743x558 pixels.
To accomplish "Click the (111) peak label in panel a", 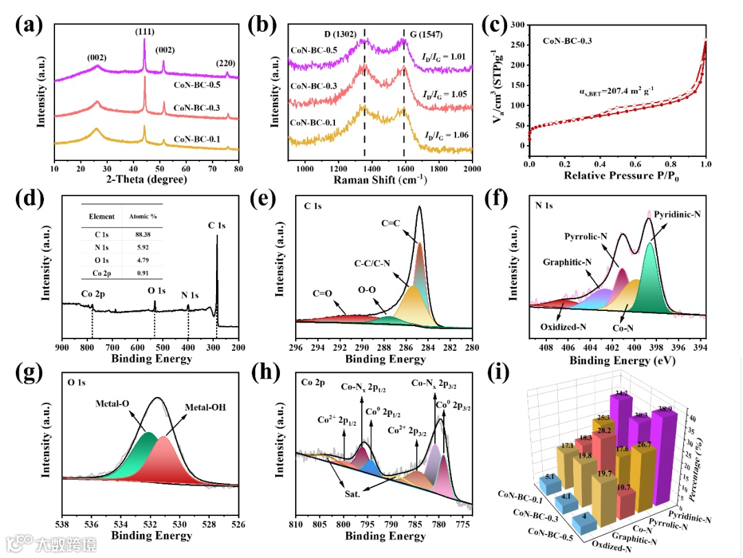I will [x=144, y=31].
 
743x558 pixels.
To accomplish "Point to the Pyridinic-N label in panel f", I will [x=679, y=214].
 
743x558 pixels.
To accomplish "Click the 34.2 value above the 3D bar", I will [x=621, y=394].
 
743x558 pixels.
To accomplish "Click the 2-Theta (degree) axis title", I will [x=147, y=180].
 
